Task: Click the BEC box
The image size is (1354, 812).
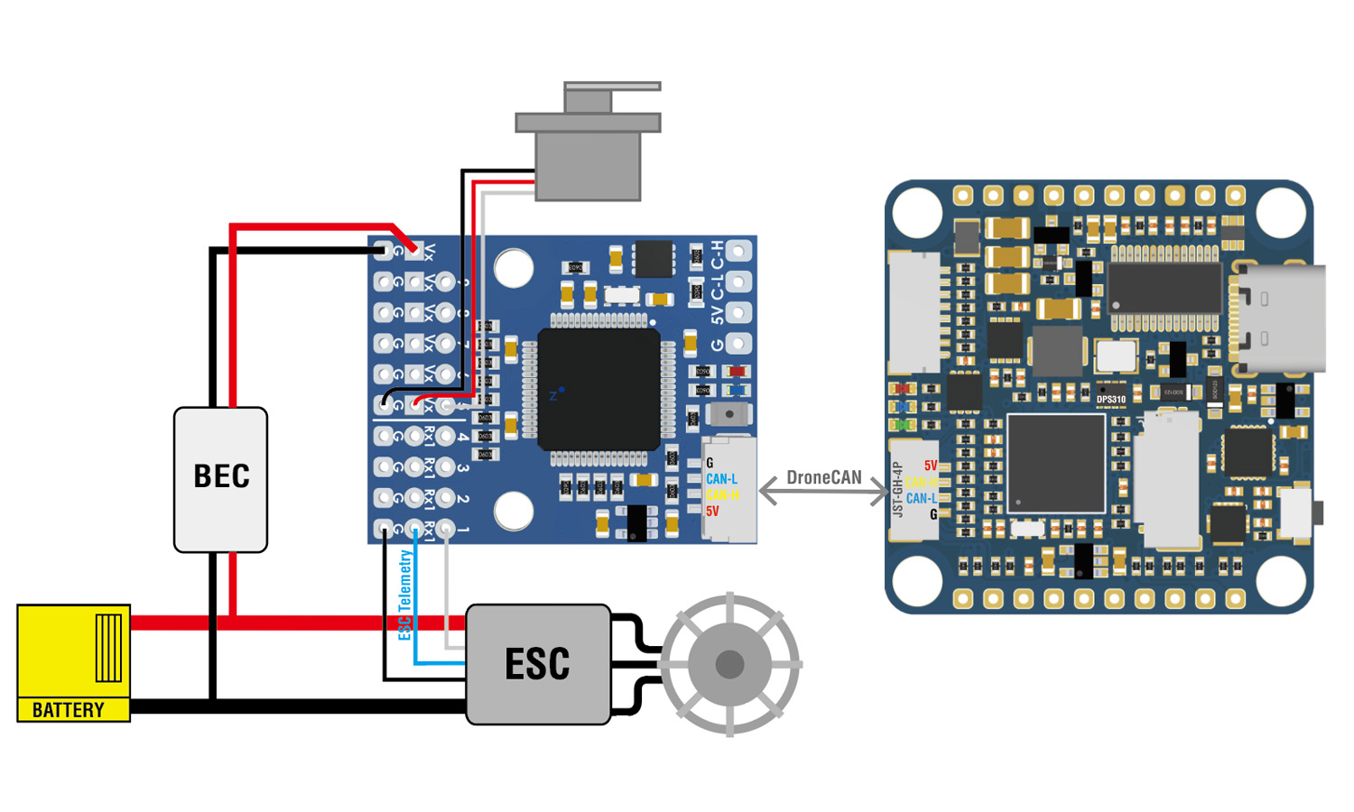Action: [220, 478]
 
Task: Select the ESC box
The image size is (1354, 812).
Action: [538, 665]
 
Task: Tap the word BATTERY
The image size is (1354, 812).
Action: [69, 710]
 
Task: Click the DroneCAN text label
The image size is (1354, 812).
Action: [823, 477]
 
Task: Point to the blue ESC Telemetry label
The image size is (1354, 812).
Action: [405, 595]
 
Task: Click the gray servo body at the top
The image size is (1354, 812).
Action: [588, 162]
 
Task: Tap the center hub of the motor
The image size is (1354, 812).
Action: [729, 665]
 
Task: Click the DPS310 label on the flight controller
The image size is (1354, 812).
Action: [1111, 400]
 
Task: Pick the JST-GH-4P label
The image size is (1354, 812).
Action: [897, 490]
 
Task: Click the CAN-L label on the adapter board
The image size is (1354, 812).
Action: [721, 479]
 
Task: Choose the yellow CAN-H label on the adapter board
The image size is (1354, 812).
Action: [722, 495]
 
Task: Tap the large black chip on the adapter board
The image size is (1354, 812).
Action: [598, 390]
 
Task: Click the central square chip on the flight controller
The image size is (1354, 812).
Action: [1056, 464]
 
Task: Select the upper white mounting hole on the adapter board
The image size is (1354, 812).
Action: [514, 268]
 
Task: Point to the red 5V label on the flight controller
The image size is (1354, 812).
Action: [931, 466]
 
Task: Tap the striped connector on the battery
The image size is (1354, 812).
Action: [108, 647]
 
